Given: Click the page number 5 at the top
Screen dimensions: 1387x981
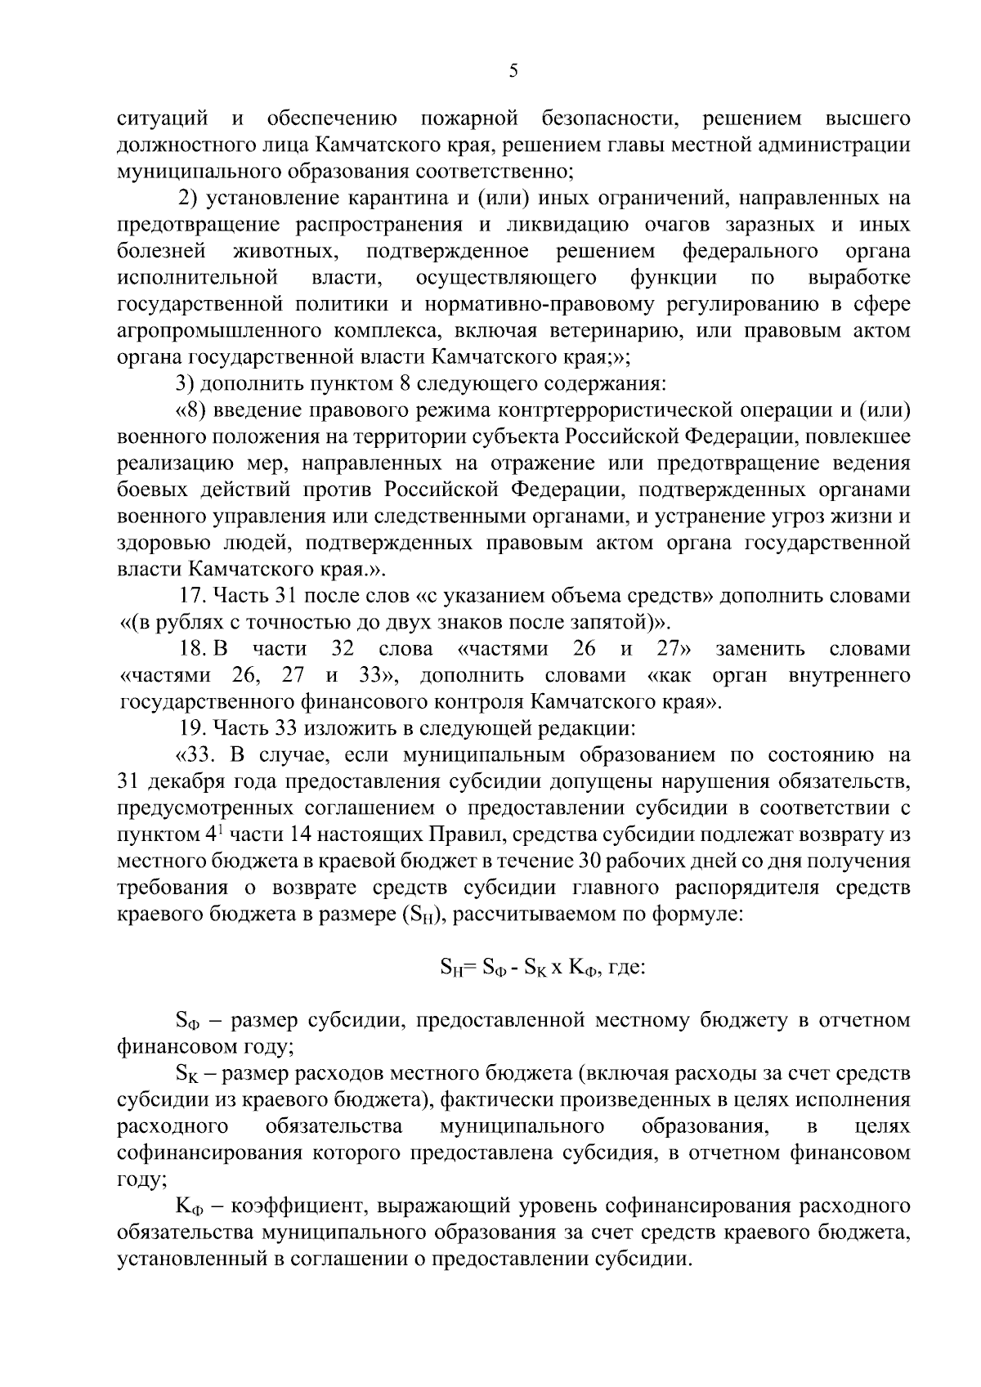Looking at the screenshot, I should pos(513,70).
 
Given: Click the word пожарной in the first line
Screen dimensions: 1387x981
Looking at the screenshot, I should pos(469,119).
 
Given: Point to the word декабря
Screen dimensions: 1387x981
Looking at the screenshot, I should pos(180,781).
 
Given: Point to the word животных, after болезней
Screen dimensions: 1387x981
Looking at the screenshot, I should pos(285,251).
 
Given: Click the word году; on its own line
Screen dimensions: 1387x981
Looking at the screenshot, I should pos(143,1179).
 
